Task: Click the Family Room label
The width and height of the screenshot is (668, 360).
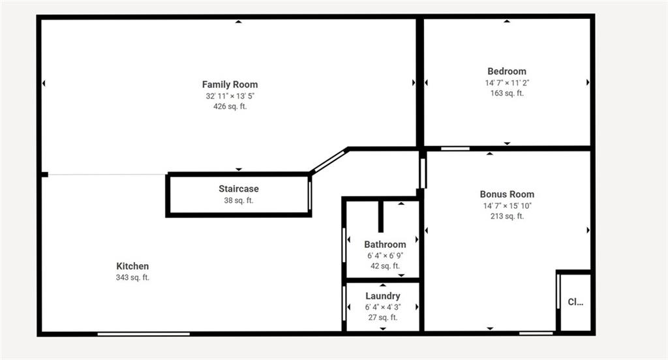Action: tap(230, 84)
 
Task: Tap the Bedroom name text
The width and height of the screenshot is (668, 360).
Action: tap(506, 71)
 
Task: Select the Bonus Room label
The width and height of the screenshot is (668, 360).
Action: tap(507, 194)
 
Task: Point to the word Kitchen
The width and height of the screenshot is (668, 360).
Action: tap(132, 266)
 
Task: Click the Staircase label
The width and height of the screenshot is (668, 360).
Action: tap(239, 188)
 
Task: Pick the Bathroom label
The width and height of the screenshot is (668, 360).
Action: tap(385, 245)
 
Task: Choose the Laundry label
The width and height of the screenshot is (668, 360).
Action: tap(382, 295)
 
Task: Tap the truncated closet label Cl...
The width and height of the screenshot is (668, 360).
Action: tap(575, 302)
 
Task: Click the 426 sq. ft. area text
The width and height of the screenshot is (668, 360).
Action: tap(230, 106)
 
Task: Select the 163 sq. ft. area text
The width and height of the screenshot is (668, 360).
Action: tap(507, 93)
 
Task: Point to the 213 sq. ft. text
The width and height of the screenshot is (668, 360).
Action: tap(507, 216)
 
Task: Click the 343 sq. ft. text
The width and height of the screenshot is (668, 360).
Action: tap(132, 277)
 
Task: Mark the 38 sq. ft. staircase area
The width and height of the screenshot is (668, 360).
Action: tap(239, 200)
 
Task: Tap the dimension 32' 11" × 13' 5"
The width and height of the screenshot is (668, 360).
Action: tap(230, 96)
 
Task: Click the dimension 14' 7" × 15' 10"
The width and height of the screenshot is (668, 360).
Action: tap(507, 206)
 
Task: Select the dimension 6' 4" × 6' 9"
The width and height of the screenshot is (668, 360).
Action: tap(385, 256)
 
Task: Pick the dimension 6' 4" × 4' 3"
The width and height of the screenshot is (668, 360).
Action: tap(382, 307)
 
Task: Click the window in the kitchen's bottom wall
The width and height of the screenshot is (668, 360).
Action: tap(144, 333)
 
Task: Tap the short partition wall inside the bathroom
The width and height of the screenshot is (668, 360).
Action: tap(380, 216)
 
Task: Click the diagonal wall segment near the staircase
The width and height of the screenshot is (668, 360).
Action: tap(329, 160)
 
